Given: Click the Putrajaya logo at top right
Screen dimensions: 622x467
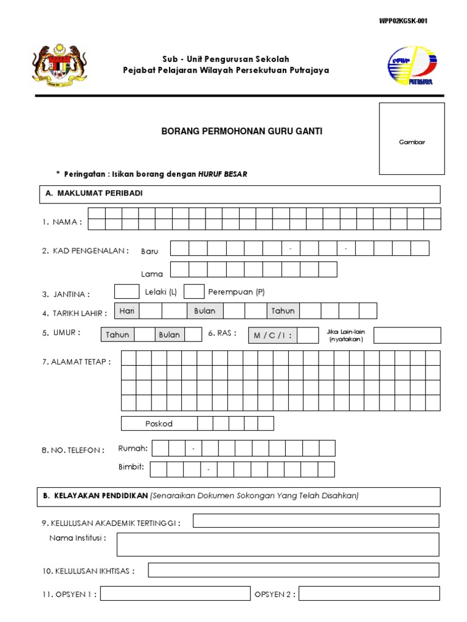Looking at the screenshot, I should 411,66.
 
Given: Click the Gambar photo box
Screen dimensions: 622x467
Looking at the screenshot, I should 412,138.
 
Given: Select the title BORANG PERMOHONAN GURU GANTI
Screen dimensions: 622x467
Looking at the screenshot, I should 241,131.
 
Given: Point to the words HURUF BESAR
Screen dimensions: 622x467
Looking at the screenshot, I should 223,174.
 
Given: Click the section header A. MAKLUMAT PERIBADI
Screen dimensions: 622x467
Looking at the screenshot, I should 94,194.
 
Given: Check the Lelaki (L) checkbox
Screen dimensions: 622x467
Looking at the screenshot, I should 126,292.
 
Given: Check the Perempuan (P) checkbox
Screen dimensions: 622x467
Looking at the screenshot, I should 193,292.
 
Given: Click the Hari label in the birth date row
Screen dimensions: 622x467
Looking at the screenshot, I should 127,311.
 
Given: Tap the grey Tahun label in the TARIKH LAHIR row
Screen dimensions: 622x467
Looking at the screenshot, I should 283,311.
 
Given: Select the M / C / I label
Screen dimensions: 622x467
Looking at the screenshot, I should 272,335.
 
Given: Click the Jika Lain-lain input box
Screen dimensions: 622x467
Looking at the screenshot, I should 407,335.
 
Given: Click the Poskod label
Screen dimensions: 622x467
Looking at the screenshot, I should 159,423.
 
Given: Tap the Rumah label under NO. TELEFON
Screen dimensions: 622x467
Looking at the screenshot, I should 133,448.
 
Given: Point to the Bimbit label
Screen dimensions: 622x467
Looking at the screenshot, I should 132,467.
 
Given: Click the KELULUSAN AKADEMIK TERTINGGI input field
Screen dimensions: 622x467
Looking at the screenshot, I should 316,521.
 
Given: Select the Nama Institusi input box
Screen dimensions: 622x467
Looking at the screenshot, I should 278,544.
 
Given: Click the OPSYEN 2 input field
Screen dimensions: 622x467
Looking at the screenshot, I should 368,593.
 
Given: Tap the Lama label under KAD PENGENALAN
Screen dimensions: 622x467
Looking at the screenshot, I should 152,274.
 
